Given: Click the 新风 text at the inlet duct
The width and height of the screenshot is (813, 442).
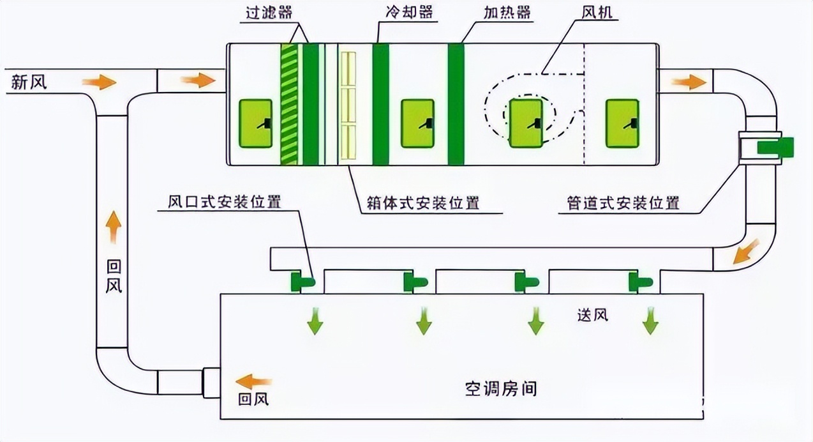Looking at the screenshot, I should [x=29, y=82].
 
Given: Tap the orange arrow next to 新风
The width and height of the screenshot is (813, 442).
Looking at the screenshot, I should [x=99, y=82].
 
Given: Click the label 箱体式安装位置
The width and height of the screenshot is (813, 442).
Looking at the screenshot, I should [x=423, y=204].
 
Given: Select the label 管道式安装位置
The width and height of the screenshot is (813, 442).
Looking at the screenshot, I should [x=623, y=204].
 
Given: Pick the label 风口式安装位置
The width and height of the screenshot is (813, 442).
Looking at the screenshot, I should [x=224, y=202].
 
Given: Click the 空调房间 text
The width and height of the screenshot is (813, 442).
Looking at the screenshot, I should [x=500, y=388].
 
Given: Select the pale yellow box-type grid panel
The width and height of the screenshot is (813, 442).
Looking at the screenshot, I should [x=348, y=105].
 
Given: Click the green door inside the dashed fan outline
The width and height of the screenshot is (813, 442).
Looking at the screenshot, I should [x=526, y=123].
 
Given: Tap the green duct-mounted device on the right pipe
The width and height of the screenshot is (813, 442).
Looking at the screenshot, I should [x=775, y=148].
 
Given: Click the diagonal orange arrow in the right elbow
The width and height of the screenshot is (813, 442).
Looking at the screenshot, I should [x=745, y=252].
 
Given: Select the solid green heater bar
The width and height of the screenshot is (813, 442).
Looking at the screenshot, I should [x=456, y=104].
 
